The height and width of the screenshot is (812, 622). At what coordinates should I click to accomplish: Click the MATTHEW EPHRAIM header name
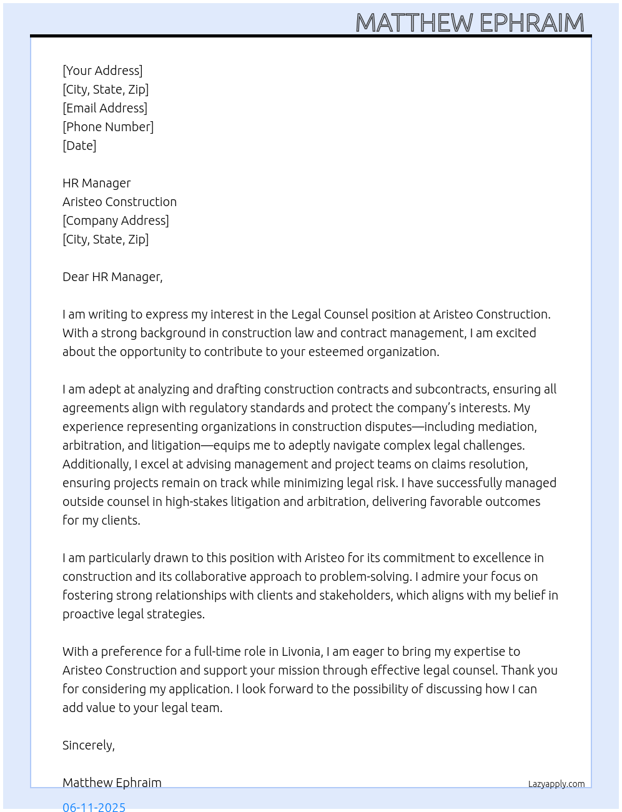tap(470, 23)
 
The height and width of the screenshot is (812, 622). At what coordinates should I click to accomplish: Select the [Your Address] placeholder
tap(102, 71)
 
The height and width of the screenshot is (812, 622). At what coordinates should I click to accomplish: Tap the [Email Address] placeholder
tap(105, 108)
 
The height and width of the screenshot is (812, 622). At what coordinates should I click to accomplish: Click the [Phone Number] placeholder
tap(108, 127)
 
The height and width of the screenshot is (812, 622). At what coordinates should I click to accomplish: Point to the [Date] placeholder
tap(79, 146)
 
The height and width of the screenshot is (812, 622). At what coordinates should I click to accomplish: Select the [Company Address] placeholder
tap(116, 220)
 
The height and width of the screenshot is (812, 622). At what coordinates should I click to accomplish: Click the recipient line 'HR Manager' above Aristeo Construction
tap(97, 183)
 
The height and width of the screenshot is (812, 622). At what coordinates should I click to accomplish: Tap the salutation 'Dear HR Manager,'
tap(112, 277)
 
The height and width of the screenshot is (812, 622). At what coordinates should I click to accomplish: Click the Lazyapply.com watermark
tap(556, 784)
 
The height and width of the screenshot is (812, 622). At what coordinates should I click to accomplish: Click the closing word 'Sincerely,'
tap(89, 745)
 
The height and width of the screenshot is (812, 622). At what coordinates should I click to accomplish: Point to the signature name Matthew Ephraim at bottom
tap(112, 783)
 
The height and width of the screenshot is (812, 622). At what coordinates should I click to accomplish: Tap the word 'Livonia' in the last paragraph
tap(302, 651)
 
